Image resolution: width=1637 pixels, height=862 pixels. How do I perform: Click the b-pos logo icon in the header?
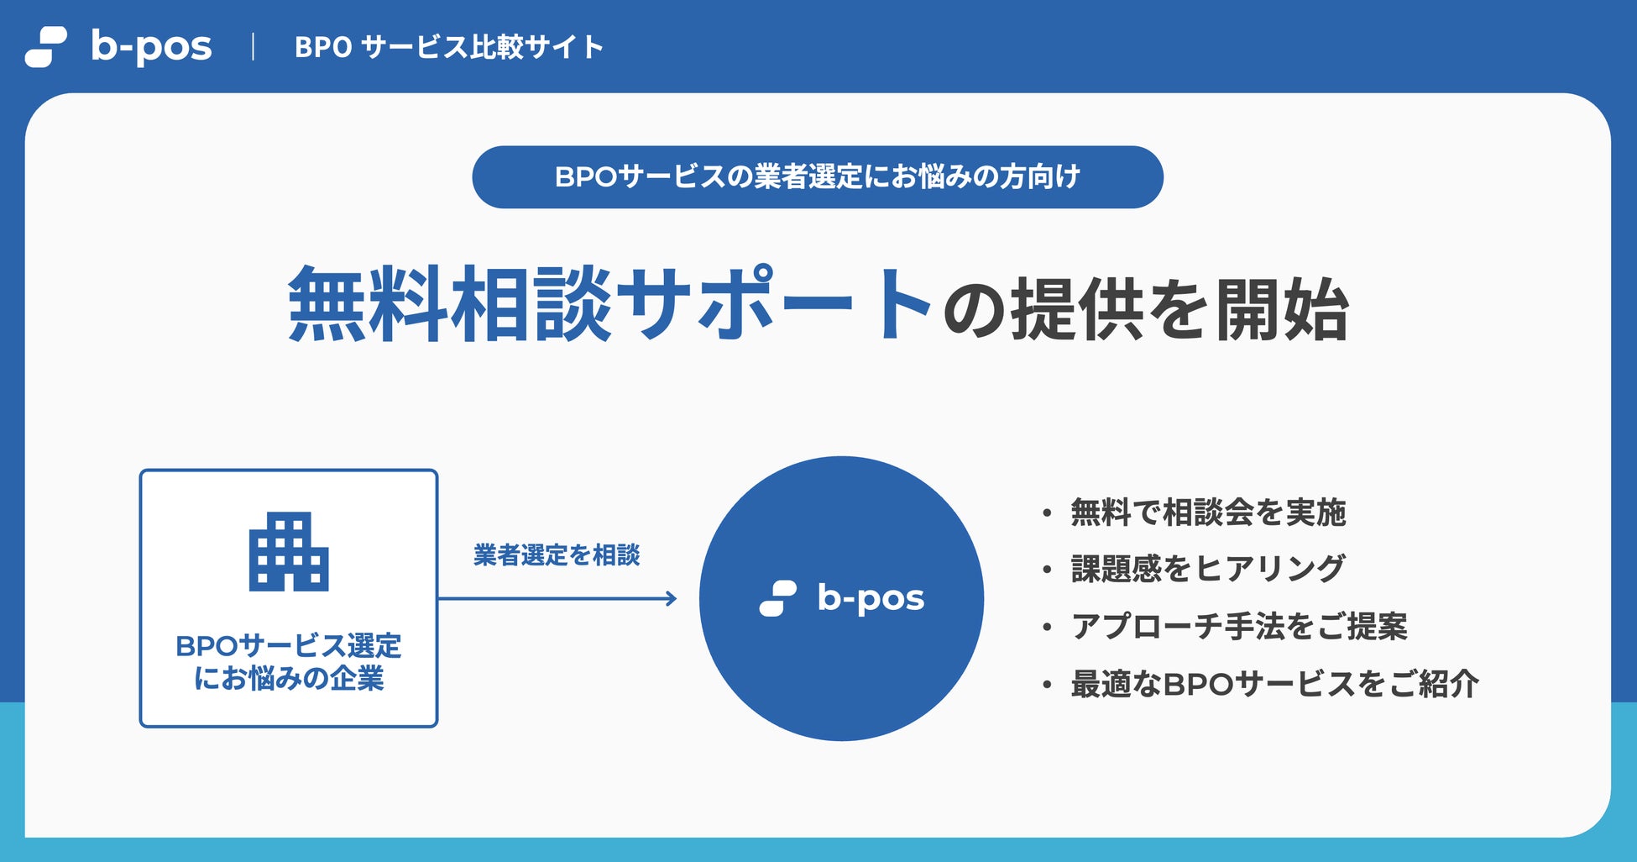pos(46,47)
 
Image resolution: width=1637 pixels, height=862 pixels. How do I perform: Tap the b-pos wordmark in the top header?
pos(151,48)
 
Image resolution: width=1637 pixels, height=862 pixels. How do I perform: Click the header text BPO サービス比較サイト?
pos(449,47)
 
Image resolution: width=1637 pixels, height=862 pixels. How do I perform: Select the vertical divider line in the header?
pos(253,47)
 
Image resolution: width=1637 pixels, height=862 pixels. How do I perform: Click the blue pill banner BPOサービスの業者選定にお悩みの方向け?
pos(818,177)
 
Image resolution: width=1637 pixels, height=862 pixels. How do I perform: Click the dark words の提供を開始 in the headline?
pos(1145,308)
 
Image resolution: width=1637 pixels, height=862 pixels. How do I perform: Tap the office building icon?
pos(289,552)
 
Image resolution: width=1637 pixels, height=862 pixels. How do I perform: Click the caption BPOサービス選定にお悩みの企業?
pos(289,662)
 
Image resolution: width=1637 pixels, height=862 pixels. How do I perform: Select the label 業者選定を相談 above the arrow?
pos(557,555)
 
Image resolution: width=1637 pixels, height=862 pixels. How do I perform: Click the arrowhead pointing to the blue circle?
pos(671,599)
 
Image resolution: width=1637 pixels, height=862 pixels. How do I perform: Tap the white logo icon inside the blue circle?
pos(778,598)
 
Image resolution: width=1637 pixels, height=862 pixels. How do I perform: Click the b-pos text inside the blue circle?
pos(871,599)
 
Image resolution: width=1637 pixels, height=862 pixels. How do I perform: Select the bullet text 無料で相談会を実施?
pos(1208,512)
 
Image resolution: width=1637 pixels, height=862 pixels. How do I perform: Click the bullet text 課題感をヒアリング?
pos(1208,569)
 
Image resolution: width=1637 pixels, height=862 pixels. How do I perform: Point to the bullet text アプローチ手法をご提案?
pos(1239,626)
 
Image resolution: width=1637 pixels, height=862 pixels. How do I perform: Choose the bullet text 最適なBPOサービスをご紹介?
pos(1274,684)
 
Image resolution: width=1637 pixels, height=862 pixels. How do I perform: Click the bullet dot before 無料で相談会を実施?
pos(1047,512)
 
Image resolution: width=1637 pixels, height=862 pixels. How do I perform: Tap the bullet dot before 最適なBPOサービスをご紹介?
pos(1047,685)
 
